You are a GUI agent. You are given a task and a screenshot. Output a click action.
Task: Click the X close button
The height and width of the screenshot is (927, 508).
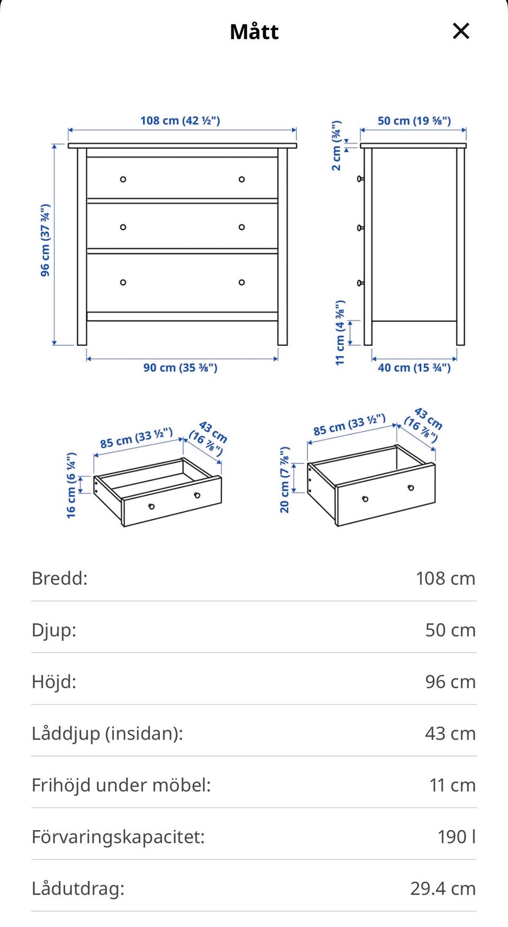coord(461,31)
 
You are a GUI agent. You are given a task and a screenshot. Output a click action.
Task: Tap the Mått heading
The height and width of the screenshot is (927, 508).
coord(254,32)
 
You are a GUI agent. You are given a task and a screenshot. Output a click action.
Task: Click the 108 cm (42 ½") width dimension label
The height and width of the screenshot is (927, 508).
coord(180,121)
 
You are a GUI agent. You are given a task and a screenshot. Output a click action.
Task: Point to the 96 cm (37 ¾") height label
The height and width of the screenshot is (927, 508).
coord(46,240)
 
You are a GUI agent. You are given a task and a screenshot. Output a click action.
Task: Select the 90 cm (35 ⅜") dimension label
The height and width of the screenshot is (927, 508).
coord(180,367)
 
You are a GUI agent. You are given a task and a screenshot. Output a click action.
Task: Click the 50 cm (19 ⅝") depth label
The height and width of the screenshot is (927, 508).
coord(414,121)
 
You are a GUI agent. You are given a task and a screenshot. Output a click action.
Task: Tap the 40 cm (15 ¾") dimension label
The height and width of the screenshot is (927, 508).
coord(414,367)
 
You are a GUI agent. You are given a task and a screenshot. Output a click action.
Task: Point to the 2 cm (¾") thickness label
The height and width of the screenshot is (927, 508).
coord(337,146)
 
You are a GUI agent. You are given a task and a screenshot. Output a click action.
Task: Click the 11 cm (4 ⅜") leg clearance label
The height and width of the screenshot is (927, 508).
coord(340,332)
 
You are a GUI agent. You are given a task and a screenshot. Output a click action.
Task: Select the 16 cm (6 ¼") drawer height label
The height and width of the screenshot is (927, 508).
coord(71,485)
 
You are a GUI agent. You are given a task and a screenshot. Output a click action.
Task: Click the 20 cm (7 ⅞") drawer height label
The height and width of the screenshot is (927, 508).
coord(285,480)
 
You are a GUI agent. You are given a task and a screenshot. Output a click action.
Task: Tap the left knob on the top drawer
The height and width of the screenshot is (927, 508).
coord(123,179)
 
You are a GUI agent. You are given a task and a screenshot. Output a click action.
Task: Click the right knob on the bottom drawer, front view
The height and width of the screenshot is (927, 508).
coord(242,282)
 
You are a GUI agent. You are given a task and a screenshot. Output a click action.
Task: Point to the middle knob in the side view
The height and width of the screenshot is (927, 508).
coord(360,228)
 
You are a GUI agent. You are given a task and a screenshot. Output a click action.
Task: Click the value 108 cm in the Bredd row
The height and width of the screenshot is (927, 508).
coord(446,578)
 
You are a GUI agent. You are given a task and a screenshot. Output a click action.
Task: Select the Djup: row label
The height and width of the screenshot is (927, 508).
coord(54,630)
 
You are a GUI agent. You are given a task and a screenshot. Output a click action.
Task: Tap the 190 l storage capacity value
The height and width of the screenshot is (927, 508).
coord(457,836)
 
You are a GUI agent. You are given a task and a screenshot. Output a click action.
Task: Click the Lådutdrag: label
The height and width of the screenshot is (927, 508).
coord(78,888)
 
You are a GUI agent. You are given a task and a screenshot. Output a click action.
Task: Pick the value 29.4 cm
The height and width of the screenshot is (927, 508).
coord(443,888)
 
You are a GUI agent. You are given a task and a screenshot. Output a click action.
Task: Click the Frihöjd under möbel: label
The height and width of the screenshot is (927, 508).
coord(121,785)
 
